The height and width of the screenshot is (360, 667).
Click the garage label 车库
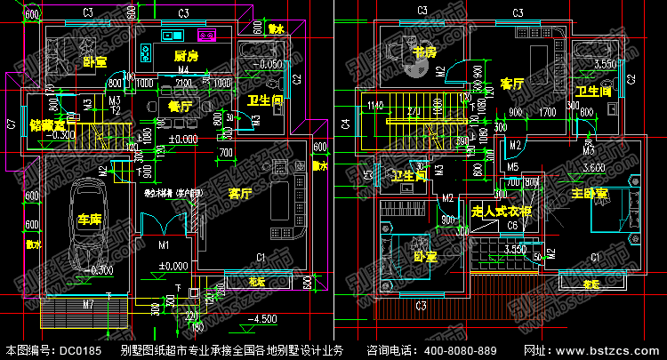(87, 219)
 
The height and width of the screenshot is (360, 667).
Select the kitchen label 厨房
(185, 55)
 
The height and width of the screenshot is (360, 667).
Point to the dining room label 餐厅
(180, 106)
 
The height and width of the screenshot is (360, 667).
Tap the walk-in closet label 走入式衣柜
(501, 212)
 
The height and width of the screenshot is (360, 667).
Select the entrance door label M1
(164, 244)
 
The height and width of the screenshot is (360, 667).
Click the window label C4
(345, 125)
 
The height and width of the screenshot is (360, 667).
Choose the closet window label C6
(512, 226)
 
